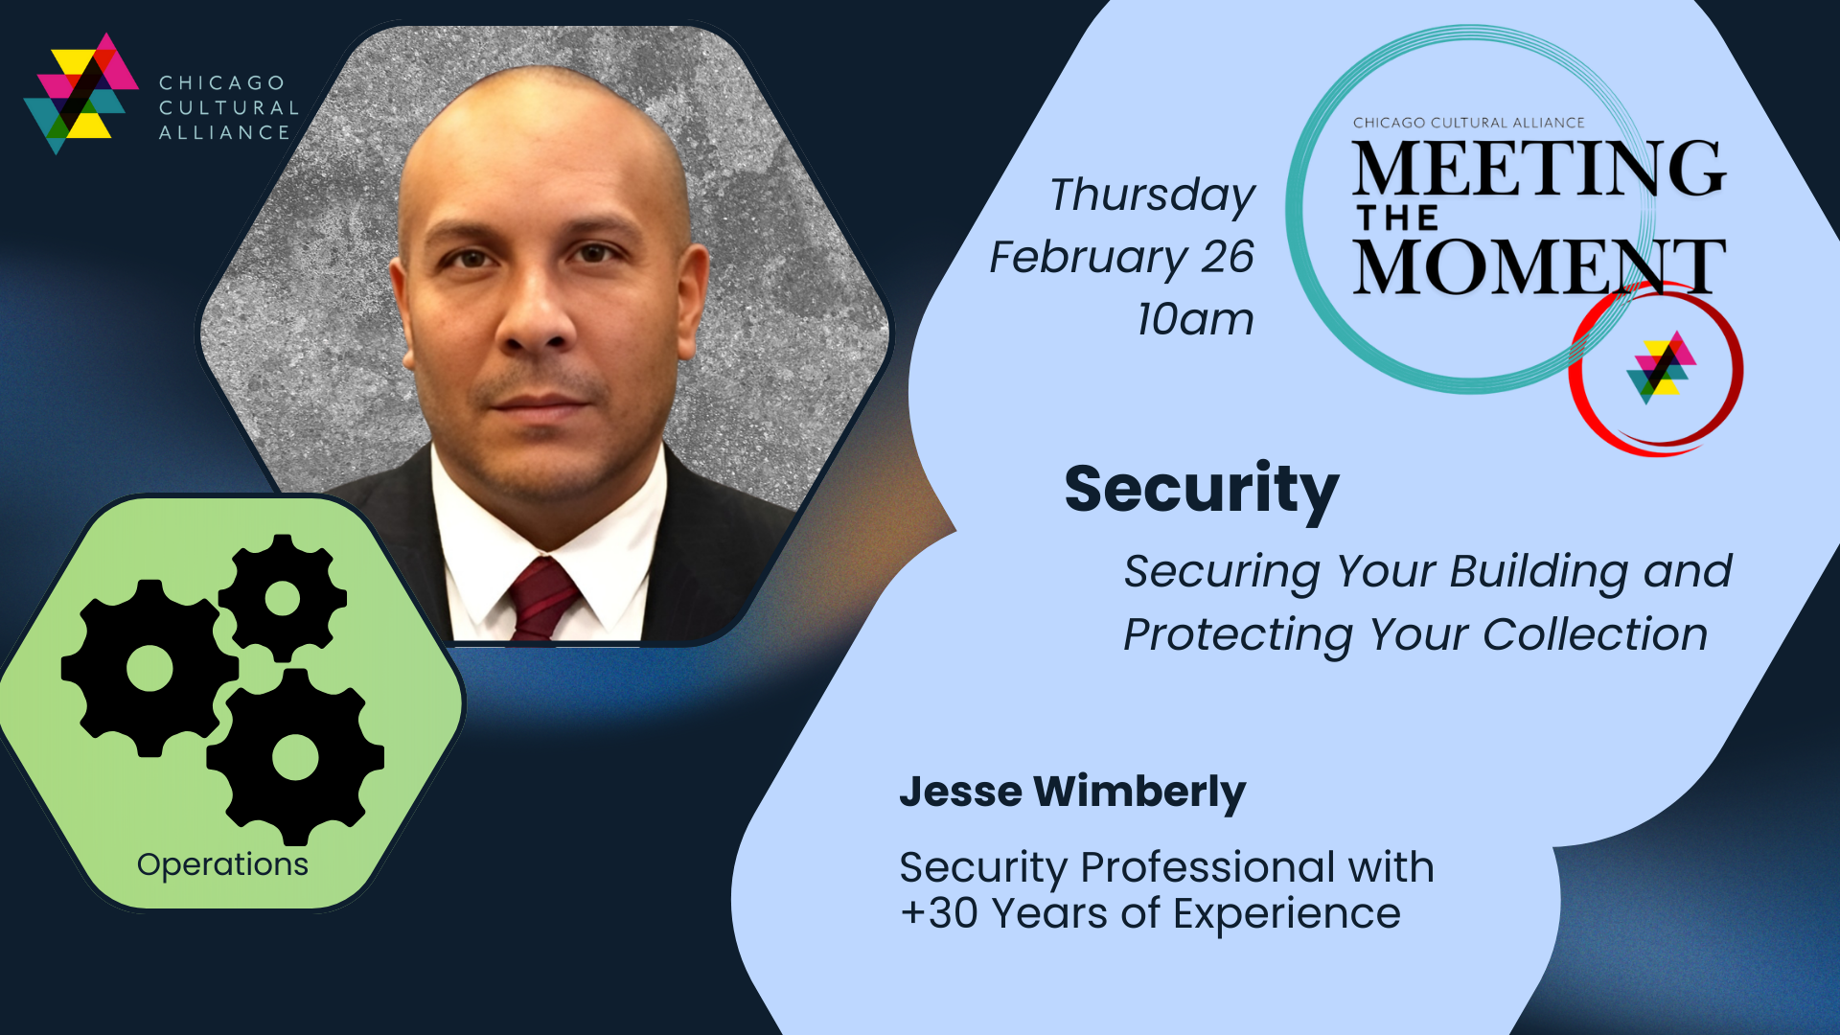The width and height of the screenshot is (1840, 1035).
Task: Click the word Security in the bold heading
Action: tap(1201, 490)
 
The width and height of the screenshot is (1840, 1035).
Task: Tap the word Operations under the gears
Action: tap(222, 864)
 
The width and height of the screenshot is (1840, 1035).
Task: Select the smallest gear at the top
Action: tap(283, 599)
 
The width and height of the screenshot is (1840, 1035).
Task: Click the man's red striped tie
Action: tap(542, 600)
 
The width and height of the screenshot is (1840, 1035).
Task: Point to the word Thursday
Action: tap(1152, 195)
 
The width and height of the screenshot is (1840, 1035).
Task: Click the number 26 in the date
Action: tap(1229, 256)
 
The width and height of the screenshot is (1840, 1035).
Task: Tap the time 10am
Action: tap(1195, 319)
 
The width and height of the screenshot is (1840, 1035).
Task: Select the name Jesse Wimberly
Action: tap(1072, 792)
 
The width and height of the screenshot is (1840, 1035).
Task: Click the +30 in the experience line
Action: tap(939, 912)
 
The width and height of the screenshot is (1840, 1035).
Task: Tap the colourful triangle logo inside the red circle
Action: tap(1662, 367)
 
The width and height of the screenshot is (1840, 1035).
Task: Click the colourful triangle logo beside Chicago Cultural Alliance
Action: tap(81, 93)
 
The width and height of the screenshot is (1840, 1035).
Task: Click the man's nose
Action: tap(538, 316)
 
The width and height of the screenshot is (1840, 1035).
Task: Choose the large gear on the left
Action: tap(149, 668)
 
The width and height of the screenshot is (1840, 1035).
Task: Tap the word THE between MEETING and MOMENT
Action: tap(1397, 218)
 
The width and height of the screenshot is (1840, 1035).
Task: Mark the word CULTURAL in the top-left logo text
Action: tap(229, 107)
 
